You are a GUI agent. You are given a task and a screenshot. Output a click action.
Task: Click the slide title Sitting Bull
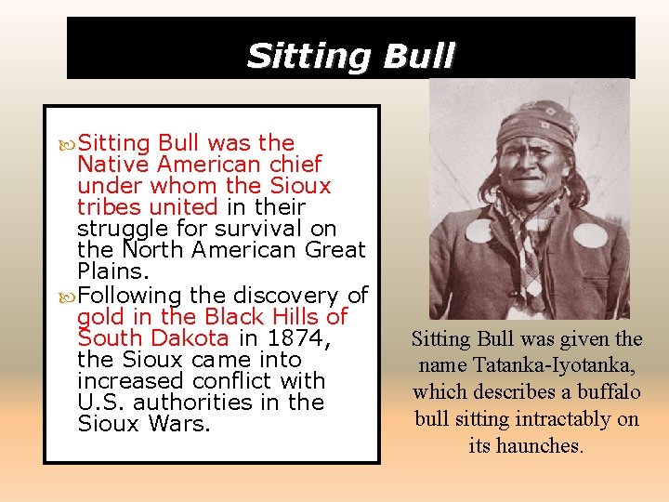[350, 56]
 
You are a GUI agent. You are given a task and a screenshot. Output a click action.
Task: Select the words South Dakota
[153, 337]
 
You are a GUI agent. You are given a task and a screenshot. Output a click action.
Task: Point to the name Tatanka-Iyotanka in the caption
[525, 365]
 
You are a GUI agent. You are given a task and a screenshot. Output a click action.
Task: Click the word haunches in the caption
[537, 445]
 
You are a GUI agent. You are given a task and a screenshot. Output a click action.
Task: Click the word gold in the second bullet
[99, 316]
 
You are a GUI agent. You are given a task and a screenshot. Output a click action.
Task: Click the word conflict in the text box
[237, 381]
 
